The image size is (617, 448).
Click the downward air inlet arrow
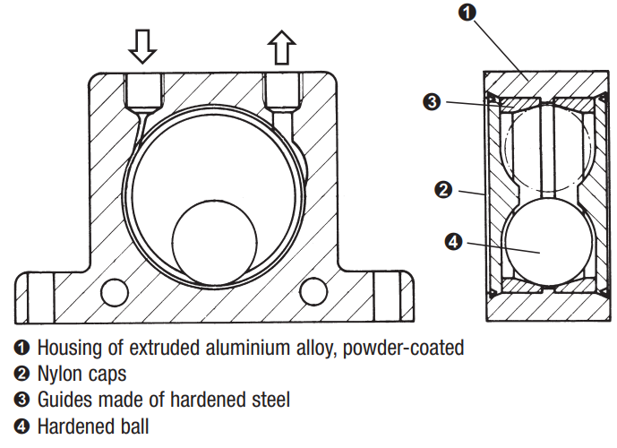(x=142, y=46)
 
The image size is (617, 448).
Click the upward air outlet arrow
(x=281, y=47)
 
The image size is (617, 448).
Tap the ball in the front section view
(x=214, y=242)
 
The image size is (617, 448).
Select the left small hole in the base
(x=115, y=292)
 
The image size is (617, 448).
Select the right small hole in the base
(x=313, y=292)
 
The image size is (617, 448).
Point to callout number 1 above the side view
(x=467, y=13)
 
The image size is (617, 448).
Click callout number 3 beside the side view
(x=432, y=102)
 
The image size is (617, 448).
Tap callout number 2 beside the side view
(x=443, y=190)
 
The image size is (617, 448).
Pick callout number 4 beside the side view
(x=453, y=241)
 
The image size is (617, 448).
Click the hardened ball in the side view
(x=548, y=242)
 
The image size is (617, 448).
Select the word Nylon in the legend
(x=58, y=375)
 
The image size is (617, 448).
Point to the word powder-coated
(x=403, y=349)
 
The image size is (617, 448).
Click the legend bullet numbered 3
(x=21, y=400)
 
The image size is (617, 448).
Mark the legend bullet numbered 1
(x=21, y=348)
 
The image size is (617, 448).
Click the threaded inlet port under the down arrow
(x=143, y=91)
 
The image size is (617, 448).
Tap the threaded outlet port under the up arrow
(x=282, y=90)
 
